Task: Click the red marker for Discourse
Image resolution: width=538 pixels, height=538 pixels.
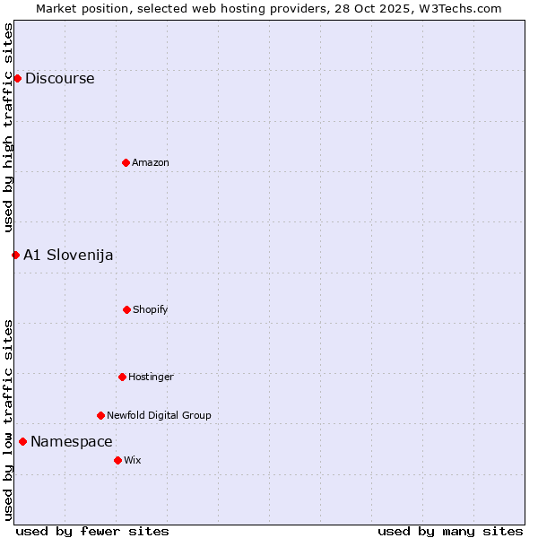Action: pos(17,78)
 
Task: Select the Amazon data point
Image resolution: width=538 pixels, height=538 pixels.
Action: pos(126,162)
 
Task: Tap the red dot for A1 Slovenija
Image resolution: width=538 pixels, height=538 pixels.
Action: pos(15,255)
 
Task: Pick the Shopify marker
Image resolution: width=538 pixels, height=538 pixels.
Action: pos(126,309)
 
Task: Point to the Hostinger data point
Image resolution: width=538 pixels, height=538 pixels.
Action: pos(122,377)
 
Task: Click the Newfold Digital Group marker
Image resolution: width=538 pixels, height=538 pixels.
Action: pos(100,415)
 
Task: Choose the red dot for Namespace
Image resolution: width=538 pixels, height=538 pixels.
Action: pos(22,441)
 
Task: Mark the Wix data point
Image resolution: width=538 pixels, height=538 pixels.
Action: pos(117,460)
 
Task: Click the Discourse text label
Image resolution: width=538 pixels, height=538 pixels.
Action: pos(59,78)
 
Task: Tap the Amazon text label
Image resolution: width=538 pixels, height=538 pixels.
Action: pos(151,162)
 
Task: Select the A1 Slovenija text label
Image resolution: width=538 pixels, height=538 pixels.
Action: pos(68,255)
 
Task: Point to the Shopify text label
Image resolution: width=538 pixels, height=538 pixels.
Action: pos(151,309)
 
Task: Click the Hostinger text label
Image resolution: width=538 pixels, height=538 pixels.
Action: pos(151,377)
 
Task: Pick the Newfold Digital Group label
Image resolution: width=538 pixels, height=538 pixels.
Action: pos(159,415)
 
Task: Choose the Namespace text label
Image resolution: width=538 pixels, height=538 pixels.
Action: pos(72,441)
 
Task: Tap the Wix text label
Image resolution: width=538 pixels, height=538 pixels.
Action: pos(133,460)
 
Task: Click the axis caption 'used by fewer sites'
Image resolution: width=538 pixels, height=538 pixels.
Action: pos(92,531)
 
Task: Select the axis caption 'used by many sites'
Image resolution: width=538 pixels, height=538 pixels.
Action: pos(450,531)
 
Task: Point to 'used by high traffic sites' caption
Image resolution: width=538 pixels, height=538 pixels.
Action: pos(8,127)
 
